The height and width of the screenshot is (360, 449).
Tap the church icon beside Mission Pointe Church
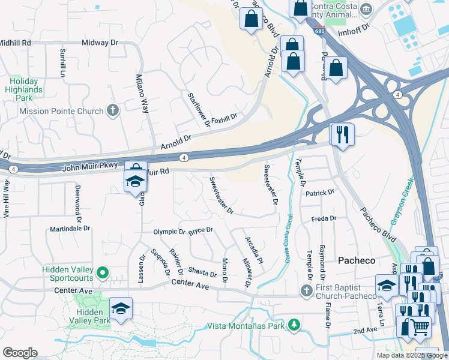(112, 110)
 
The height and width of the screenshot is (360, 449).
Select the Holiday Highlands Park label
(24, 89)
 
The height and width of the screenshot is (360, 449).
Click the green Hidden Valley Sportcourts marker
(103, 274)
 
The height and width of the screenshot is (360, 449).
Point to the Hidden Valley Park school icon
(121, 309)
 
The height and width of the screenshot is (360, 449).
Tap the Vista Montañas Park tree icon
(294, 325)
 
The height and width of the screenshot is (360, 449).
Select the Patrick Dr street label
(319, 193)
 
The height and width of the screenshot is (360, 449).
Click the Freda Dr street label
(324, 219)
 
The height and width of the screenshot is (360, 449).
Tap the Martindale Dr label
(70, 229)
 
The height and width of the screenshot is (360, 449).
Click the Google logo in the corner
(20, 353)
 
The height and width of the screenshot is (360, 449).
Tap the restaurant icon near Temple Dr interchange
(343, 134)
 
